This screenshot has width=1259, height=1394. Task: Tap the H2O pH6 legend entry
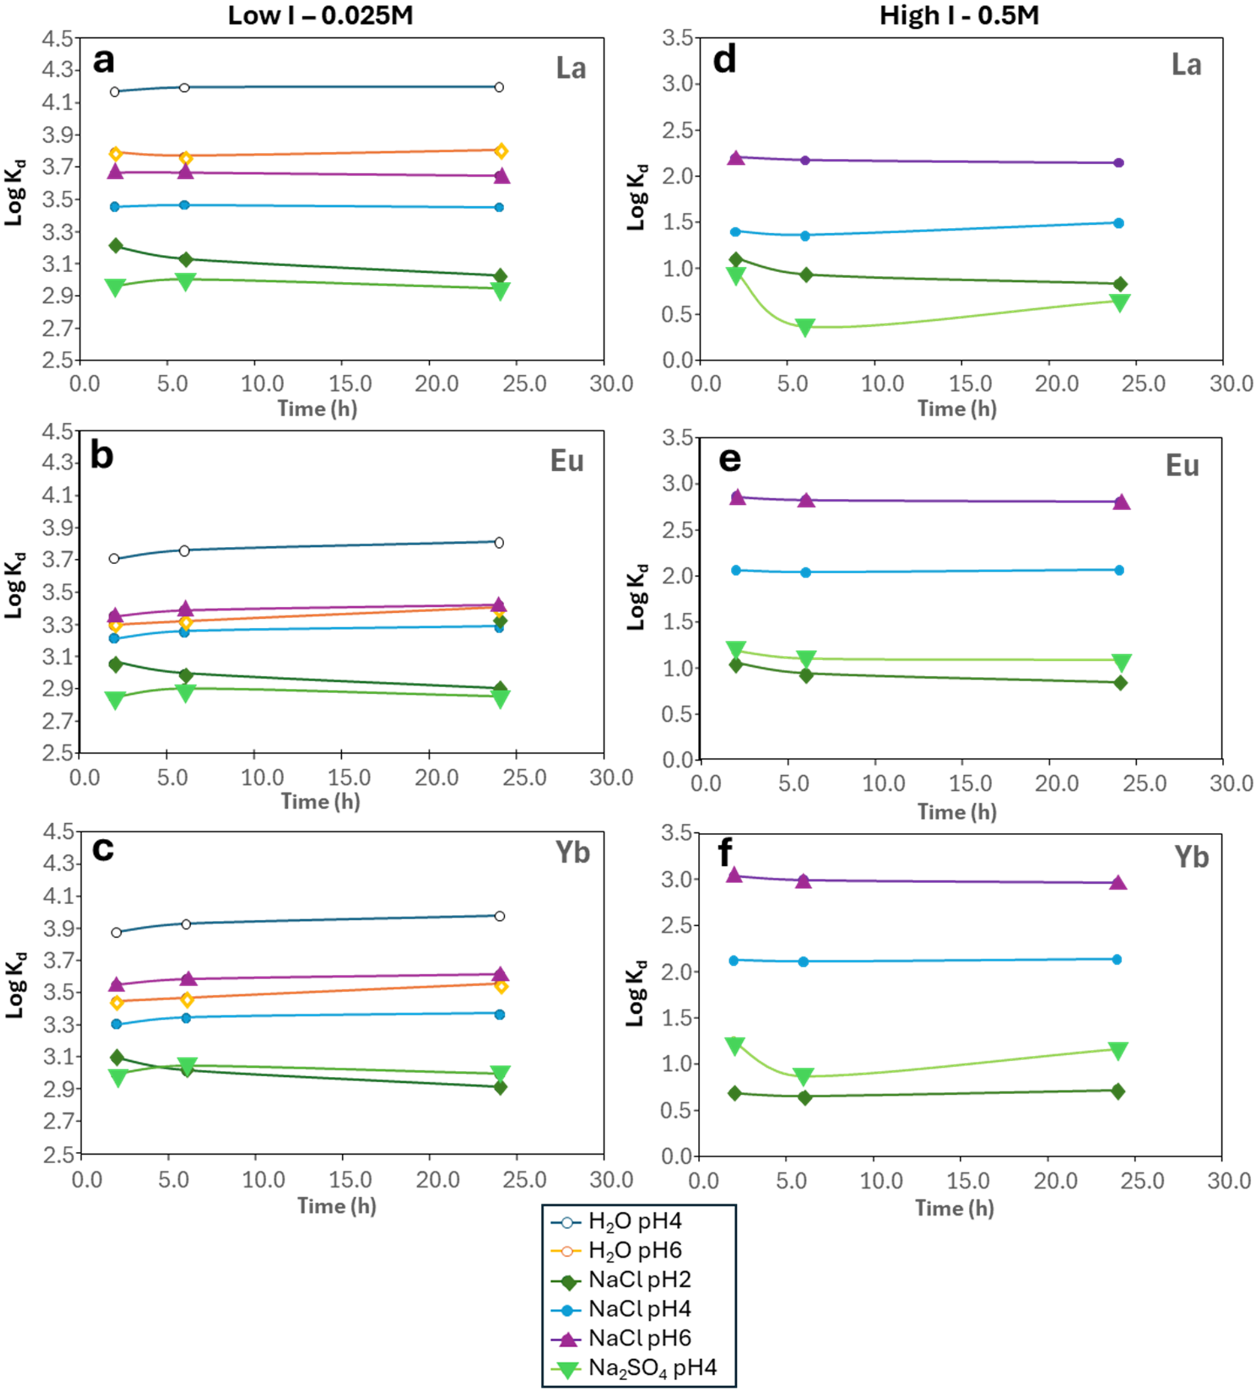click(x=635, y=1250)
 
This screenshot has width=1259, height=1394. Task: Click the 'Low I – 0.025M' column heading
click(x=321, y=15)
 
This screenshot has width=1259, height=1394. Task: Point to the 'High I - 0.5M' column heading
click(x=959, y=15)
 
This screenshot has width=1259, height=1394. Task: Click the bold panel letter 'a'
click(x=104, y=61)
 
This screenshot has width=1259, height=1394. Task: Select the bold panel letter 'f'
click(x=724, y=853)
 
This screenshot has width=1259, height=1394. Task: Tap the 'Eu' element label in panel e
click(x=1182, y=466)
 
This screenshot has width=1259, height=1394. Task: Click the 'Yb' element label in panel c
click(x=573, y=853)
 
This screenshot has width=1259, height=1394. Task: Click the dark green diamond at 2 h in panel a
click(x=116, y=245)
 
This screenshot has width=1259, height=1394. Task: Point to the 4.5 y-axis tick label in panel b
click(x=58, y=432)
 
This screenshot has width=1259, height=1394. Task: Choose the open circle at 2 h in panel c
click(x=116, y=932)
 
